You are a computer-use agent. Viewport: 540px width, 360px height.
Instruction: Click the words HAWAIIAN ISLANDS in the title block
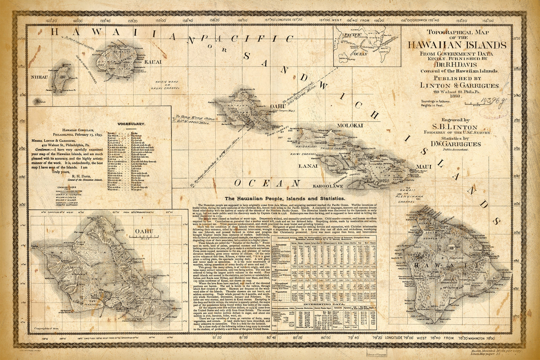(x=457, y=45)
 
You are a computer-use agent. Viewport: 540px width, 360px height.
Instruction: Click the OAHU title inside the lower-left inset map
(x=144, y=231)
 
